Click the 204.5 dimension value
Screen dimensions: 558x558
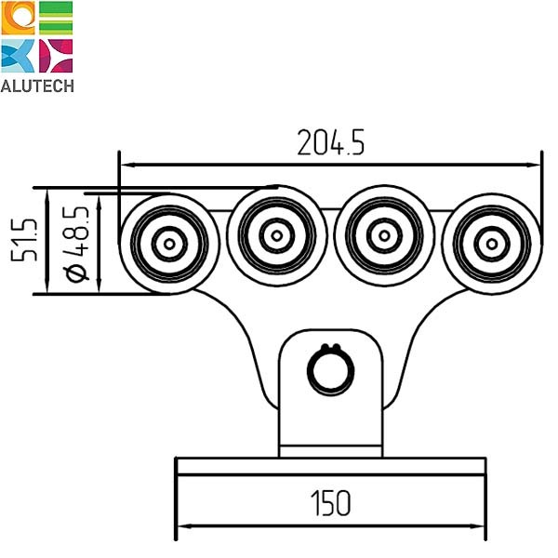(x=330, y=142)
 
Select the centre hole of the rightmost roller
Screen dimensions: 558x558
(x=490, y=244)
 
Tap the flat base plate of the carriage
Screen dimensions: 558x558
(x=330, y=466)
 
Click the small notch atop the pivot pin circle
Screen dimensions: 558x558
(x=330, y=350)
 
